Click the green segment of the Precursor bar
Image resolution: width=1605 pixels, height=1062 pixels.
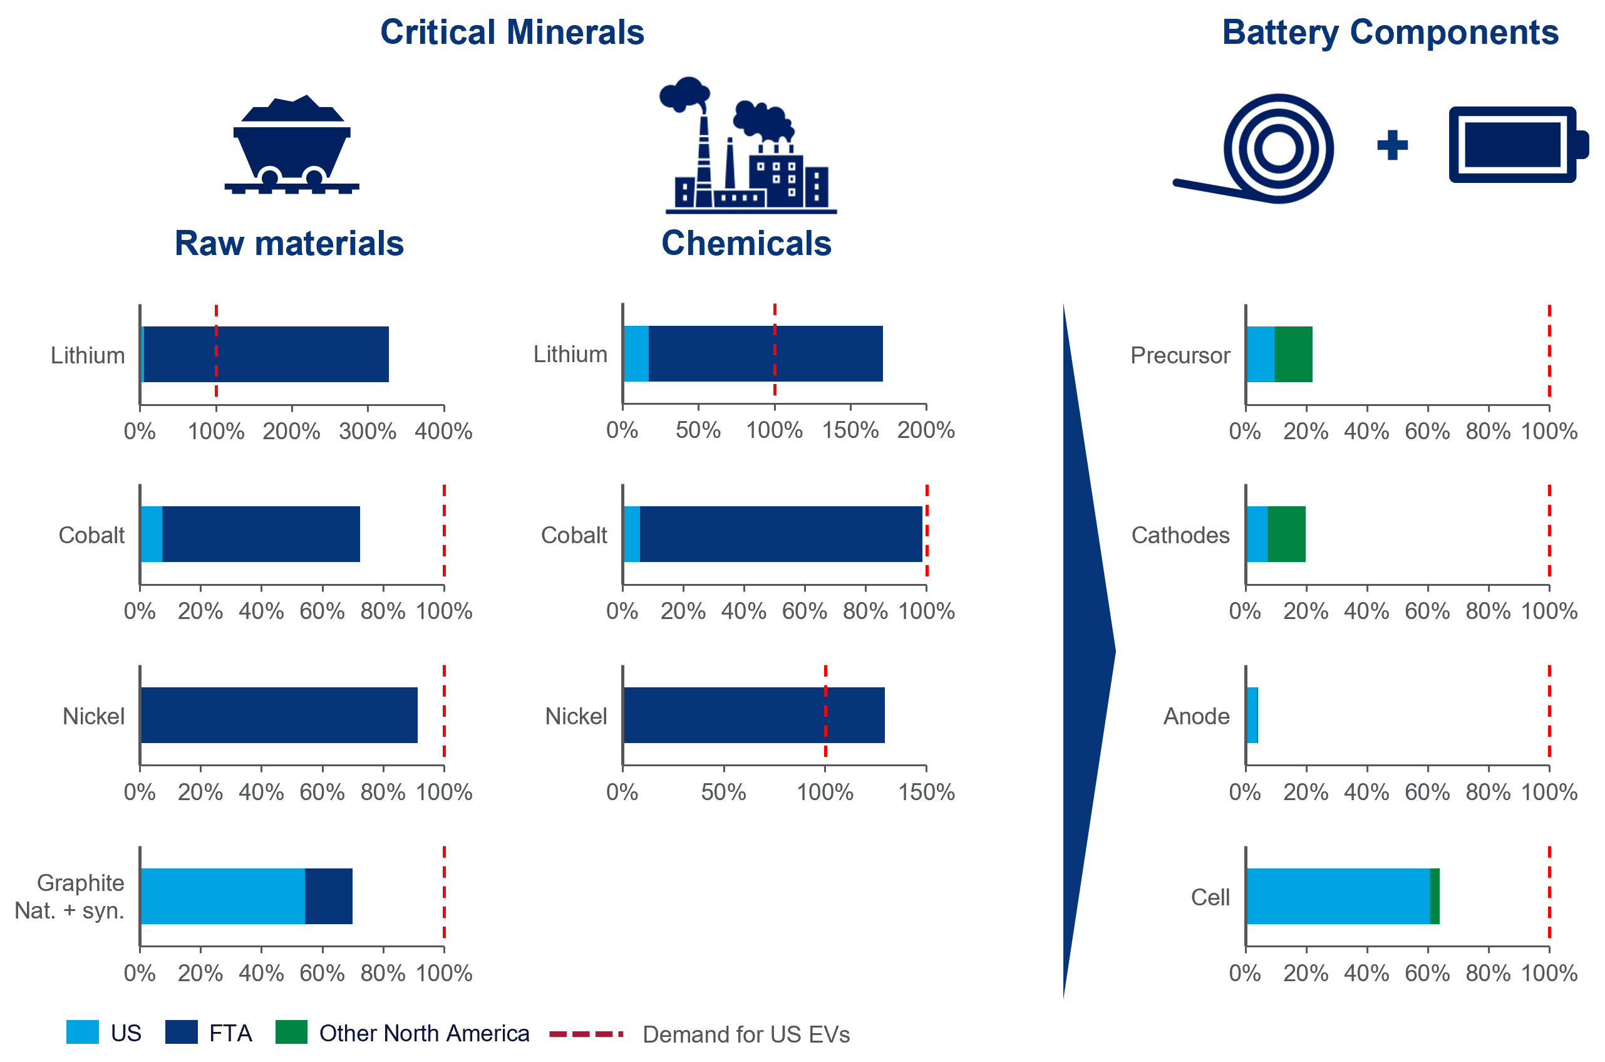tap(1294, 354)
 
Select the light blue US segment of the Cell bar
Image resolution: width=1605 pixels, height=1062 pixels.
tap(1338, 896)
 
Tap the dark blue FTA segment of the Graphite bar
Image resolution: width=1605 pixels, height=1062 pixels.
tap(328, 896)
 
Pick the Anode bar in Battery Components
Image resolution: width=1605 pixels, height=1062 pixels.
tap(1252, 716)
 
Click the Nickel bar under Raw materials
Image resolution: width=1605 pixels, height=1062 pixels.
tap(279, 716)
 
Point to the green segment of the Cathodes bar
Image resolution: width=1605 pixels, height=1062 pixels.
tap(1286, 534)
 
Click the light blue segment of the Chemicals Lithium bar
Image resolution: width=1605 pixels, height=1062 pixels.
tap(636, 353)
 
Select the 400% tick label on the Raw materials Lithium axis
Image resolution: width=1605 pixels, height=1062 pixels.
tap(443, 432)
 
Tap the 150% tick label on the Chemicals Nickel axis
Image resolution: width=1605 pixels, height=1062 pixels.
tap(926, 793)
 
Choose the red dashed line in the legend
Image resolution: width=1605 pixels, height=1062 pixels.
tap(586, 1034)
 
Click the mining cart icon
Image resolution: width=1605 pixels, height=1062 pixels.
tap(292, 144)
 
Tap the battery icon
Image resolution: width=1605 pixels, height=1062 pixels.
tap(1519, 144)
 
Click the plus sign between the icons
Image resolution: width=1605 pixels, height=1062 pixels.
tap(1393, 145)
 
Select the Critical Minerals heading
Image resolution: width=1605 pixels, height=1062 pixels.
tap(512, 32)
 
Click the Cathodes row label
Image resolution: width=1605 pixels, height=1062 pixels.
tap(1180, 535)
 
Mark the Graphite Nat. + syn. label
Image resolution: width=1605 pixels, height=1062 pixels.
tap(70, 897)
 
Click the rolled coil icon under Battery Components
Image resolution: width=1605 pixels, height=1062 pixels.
tap(1254, 148)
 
